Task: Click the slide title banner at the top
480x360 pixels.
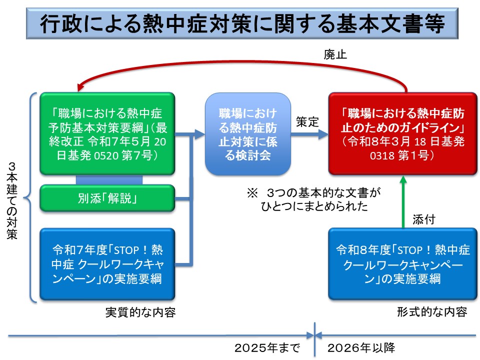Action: pyautogui.click(x=242, y=23)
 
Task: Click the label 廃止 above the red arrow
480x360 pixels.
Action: pyautogui.click(x=335, y=54)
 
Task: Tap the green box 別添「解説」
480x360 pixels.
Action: pyautogui.click(x=107, y=198)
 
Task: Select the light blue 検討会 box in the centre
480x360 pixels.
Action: pyautogui.click(x=247, y=134)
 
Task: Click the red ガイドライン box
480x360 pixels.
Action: pyautogui.click(x=403, y=134)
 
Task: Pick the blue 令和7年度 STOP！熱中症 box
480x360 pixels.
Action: pyautogui.click(x=107, y=264)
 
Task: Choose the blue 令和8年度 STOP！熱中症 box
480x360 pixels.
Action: pyautogui.click(x=403, y=264)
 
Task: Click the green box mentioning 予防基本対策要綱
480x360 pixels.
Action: pyautogui.click(x=107, y=134)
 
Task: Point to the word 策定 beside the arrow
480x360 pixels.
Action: pyautogui.click(x=307, y=122)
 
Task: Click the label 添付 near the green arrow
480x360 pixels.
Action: pyautogui.click(x=424, y=219)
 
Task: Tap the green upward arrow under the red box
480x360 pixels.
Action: pyautogui.click(x=403, y=202)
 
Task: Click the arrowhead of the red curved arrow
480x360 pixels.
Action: pyautogui.click(x=80, y=87)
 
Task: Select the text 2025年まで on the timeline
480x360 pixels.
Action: pyautogui.click(x=267, y=348)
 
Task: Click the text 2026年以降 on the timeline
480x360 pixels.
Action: pyautogui.click(x=361, y=348)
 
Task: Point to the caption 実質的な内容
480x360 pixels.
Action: pyautogui.click(x=140, y=312)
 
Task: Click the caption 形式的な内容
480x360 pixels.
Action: pyautogui.click(x=432, y=312)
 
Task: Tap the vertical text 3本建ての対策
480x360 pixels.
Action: pyautogui.click(x=12, y=200)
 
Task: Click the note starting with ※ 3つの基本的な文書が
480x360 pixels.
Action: pyautogui.click(x=314, y=199)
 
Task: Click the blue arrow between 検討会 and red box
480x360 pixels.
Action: pyautogui.click(x=309, y=134)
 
